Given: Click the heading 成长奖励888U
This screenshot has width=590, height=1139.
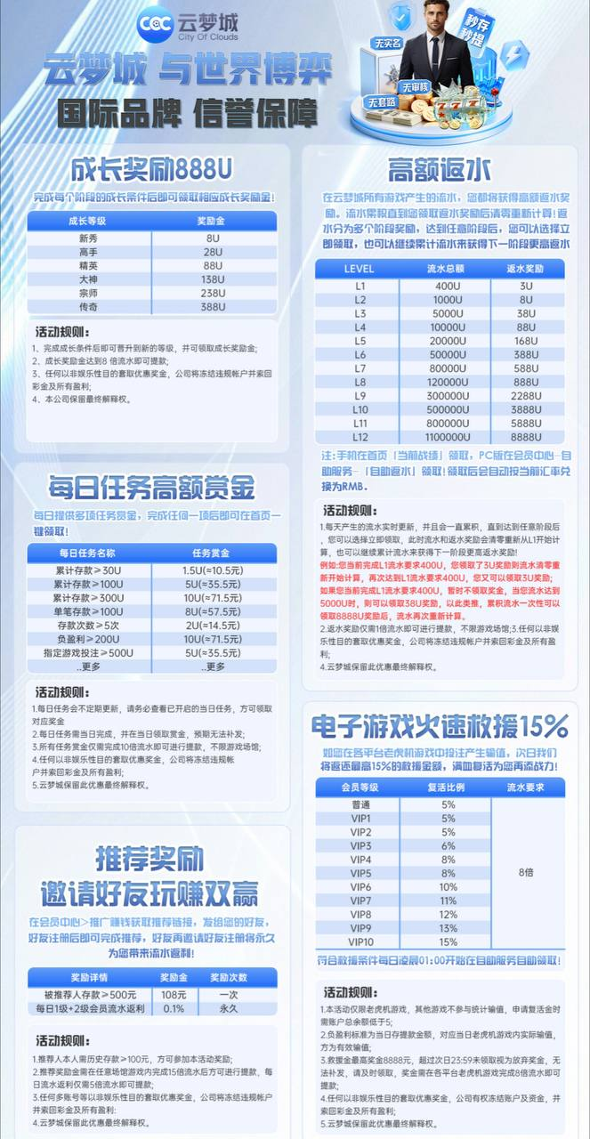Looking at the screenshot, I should tap(152, 170).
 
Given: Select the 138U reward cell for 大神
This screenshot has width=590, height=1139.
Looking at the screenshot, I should tap(213, 279).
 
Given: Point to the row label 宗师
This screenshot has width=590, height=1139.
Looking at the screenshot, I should tap(88, 293).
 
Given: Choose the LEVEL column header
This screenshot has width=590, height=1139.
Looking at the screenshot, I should tap(360, 268).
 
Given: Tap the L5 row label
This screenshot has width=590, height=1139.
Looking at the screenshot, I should tap(360, 341).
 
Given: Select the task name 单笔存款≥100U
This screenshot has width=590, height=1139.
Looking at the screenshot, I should tap(89, 611).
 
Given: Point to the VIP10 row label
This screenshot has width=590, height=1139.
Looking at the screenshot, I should tap(360, 941).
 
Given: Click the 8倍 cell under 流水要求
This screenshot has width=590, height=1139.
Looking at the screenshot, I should tap(527, 873).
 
